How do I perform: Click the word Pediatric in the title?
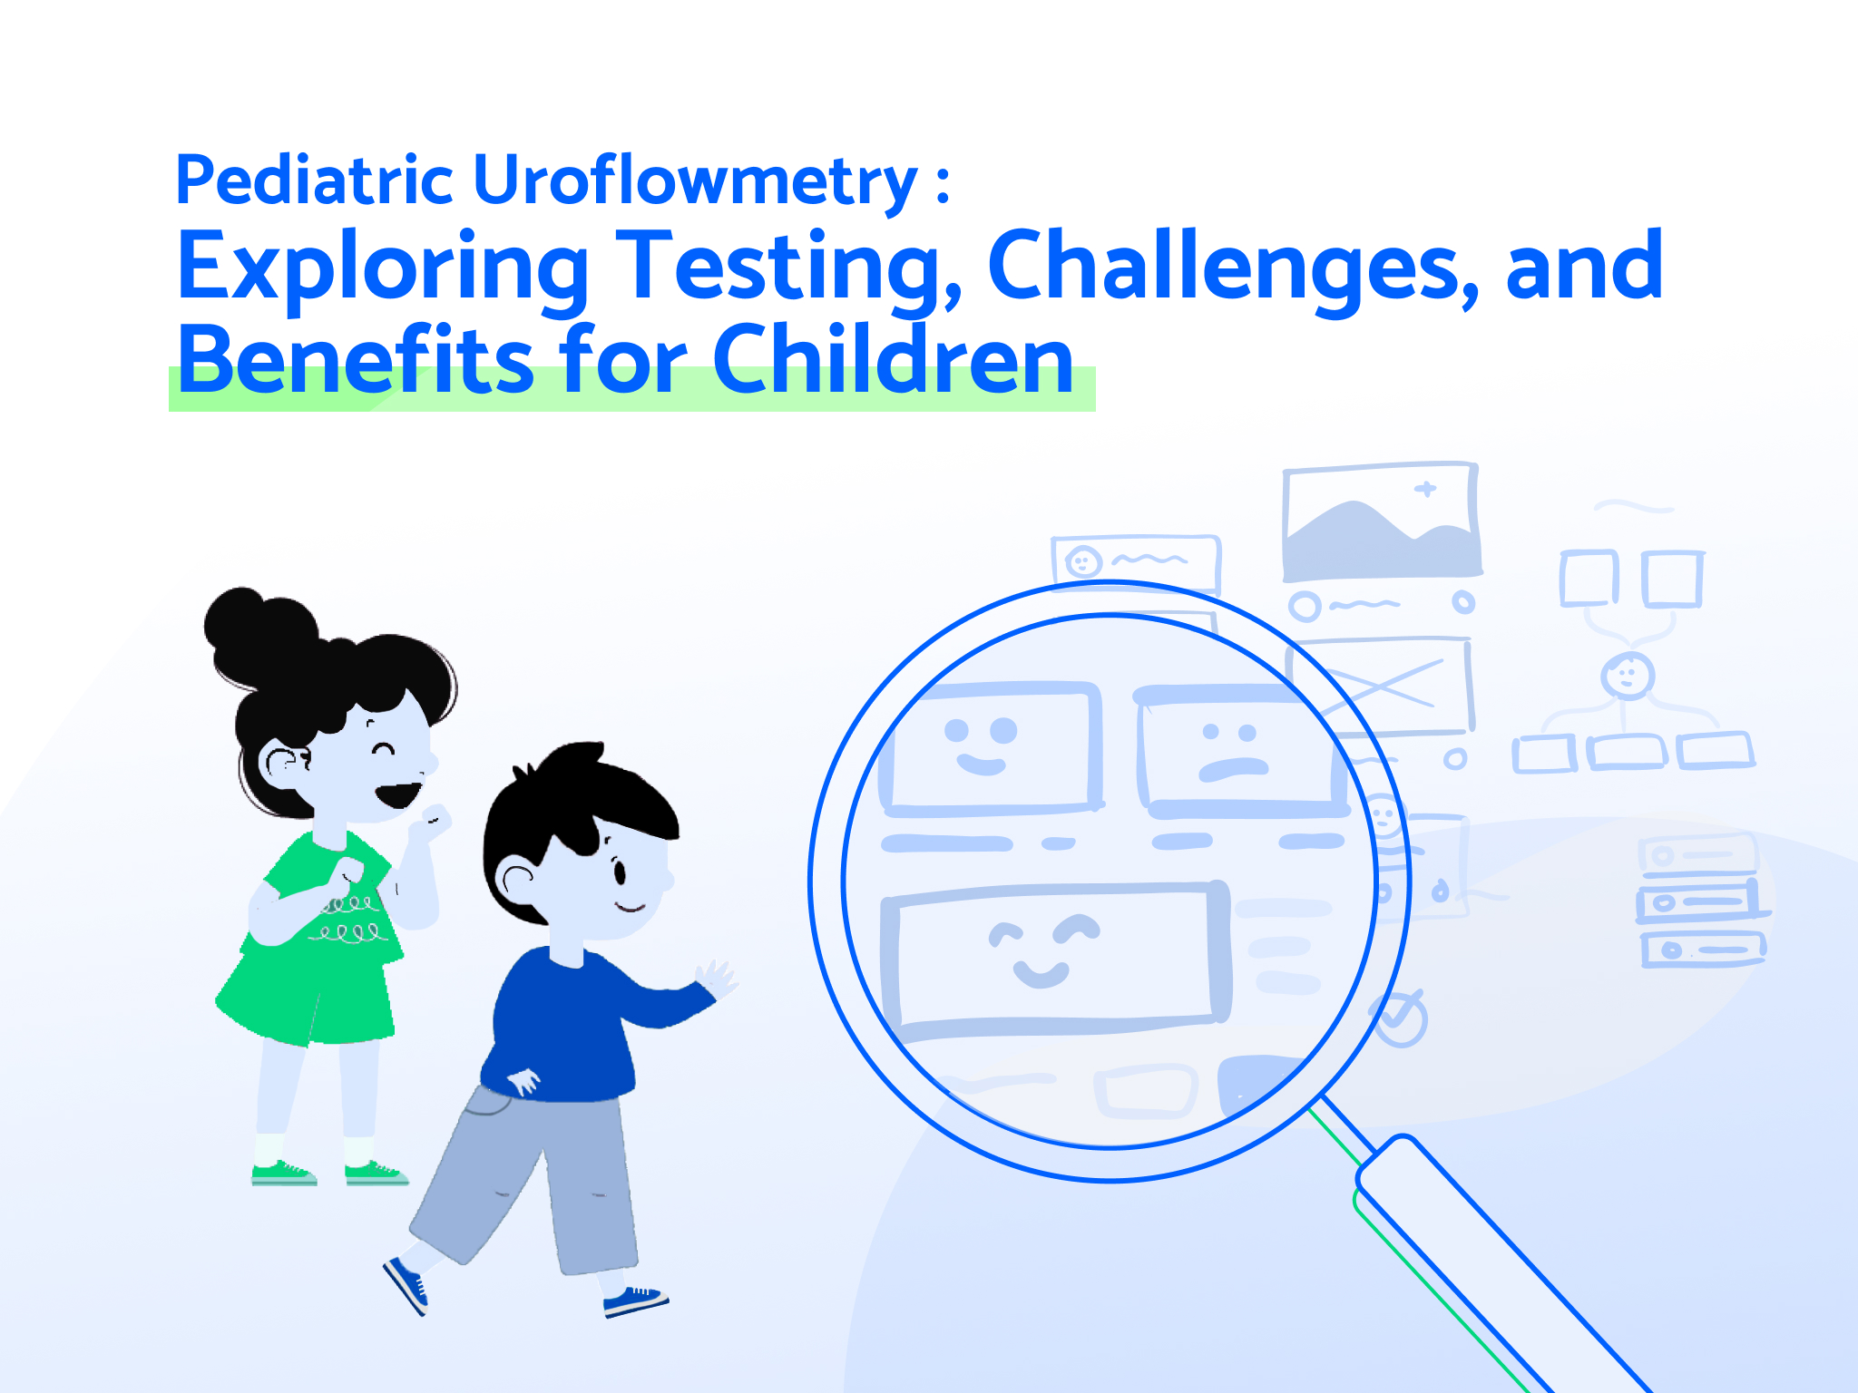(314, 180)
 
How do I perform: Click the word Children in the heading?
(893, 360)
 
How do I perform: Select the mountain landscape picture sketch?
(1381, 521)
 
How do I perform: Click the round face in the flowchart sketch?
(1628, 676)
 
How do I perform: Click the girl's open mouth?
(399, 794)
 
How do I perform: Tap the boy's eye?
(621, 872)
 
